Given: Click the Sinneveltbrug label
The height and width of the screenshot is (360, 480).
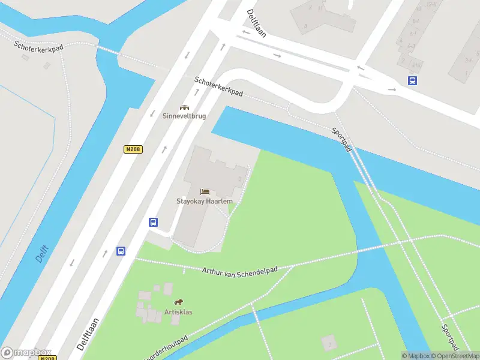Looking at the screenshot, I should click(184, 116).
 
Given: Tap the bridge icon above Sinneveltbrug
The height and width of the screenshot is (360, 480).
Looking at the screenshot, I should click(184, 107).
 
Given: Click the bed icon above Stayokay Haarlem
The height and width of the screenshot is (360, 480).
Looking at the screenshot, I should click(205, 191).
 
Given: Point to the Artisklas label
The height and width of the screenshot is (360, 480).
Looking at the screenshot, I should click(178, 312).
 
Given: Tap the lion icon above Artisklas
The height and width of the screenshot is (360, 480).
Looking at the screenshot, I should click(178, 302).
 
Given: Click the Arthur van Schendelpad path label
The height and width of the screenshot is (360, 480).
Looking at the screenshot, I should click(240, 271).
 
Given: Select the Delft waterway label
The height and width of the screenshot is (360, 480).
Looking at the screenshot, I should click(41, 253).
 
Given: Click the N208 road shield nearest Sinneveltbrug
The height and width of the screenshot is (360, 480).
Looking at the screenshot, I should click(134, 149).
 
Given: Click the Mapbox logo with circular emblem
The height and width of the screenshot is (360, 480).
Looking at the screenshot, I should click(26, 353).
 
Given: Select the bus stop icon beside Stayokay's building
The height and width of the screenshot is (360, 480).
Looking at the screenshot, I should click(154, 222).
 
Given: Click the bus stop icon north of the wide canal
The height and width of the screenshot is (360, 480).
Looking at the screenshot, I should click(413, 80).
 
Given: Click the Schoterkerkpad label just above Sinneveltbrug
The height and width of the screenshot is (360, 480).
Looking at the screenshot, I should click(218, 87).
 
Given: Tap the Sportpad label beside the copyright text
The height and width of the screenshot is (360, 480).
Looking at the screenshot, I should click(449, 338).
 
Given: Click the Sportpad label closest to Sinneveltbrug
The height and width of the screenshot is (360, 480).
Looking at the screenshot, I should click(341, 139).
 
